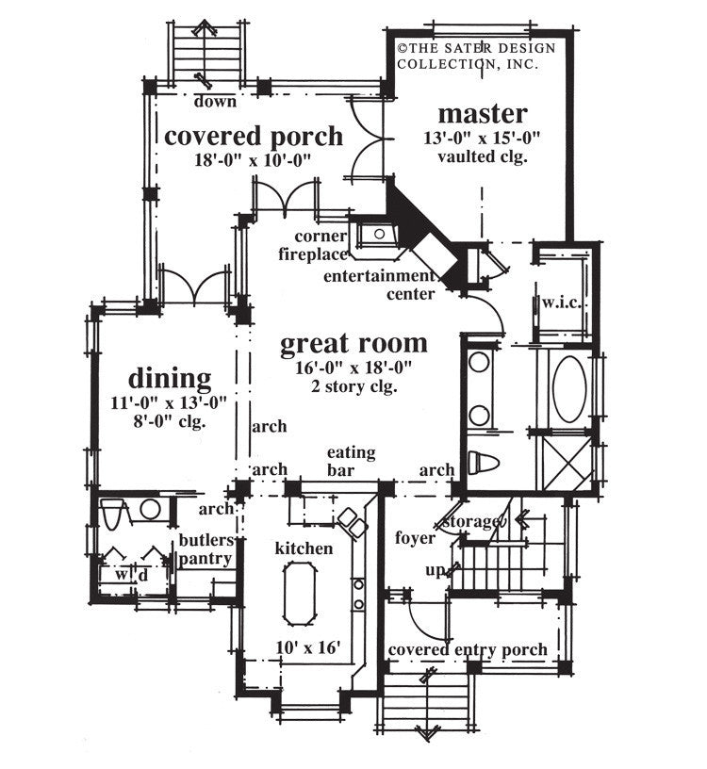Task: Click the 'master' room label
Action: coord(482,114)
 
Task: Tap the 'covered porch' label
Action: coord(254,136)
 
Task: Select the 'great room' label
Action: coord(353,343)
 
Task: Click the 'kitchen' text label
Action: coord(304,548)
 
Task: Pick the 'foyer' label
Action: coord(416,538)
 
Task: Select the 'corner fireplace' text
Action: coord(310,244)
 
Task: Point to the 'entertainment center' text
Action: coord(378,285)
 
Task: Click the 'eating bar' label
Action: coord(351,461)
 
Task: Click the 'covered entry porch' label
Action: coord(468,650)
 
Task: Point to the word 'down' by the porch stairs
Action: coord(216,101)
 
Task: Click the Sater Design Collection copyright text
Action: coord(475,56)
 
